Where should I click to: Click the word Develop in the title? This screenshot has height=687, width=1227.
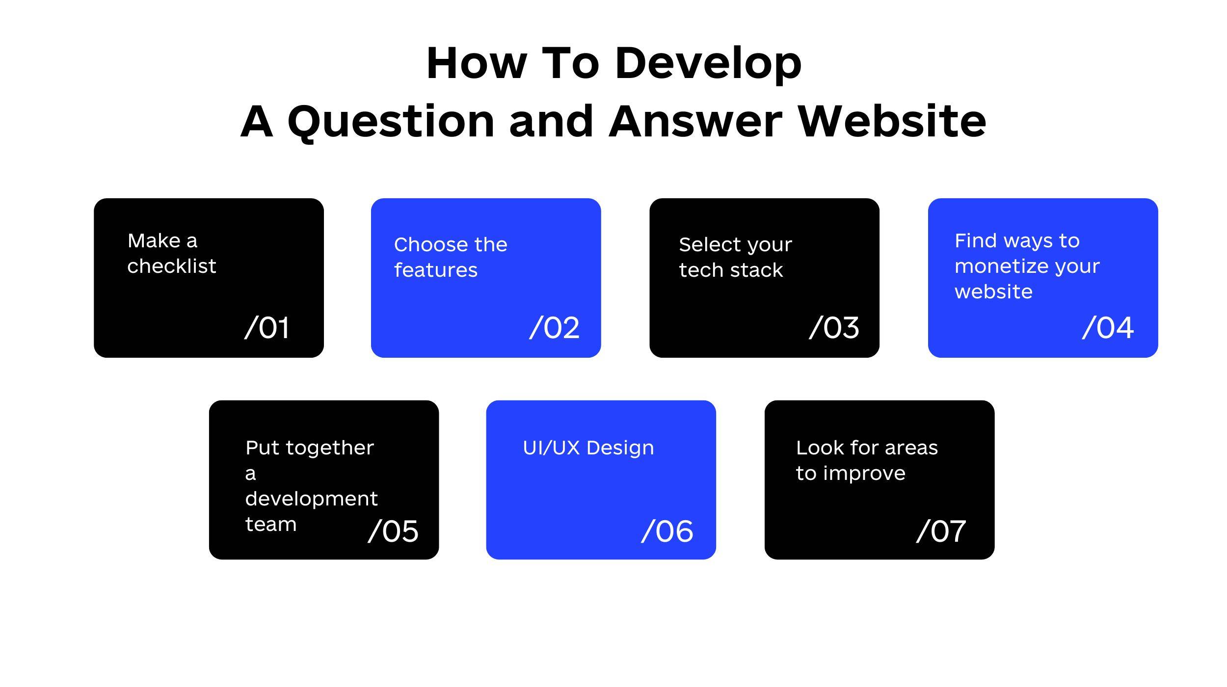[708, 63]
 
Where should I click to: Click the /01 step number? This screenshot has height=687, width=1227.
[267, 327]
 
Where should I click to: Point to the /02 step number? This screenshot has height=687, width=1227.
[555, 327]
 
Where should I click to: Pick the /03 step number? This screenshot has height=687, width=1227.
[834, 327]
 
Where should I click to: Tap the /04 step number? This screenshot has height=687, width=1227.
[1108, 327]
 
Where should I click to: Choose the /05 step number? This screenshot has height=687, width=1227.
[393, 531]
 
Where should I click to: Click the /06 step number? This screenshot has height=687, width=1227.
[667, 531]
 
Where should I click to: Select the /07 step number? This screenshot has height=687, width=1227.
[941, 531]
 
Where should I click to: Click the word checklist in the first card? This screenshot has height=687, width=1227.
[172, 266]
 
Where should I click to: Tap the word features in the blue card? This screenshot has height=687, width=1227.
[436, 270]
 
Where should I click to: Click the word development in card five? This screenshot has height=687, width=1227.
[312, 499]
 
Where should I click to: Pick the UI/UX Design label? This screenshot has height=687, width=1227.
[588, 448]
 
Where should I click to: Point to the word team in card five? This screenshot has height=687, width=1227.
[271, 525]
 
